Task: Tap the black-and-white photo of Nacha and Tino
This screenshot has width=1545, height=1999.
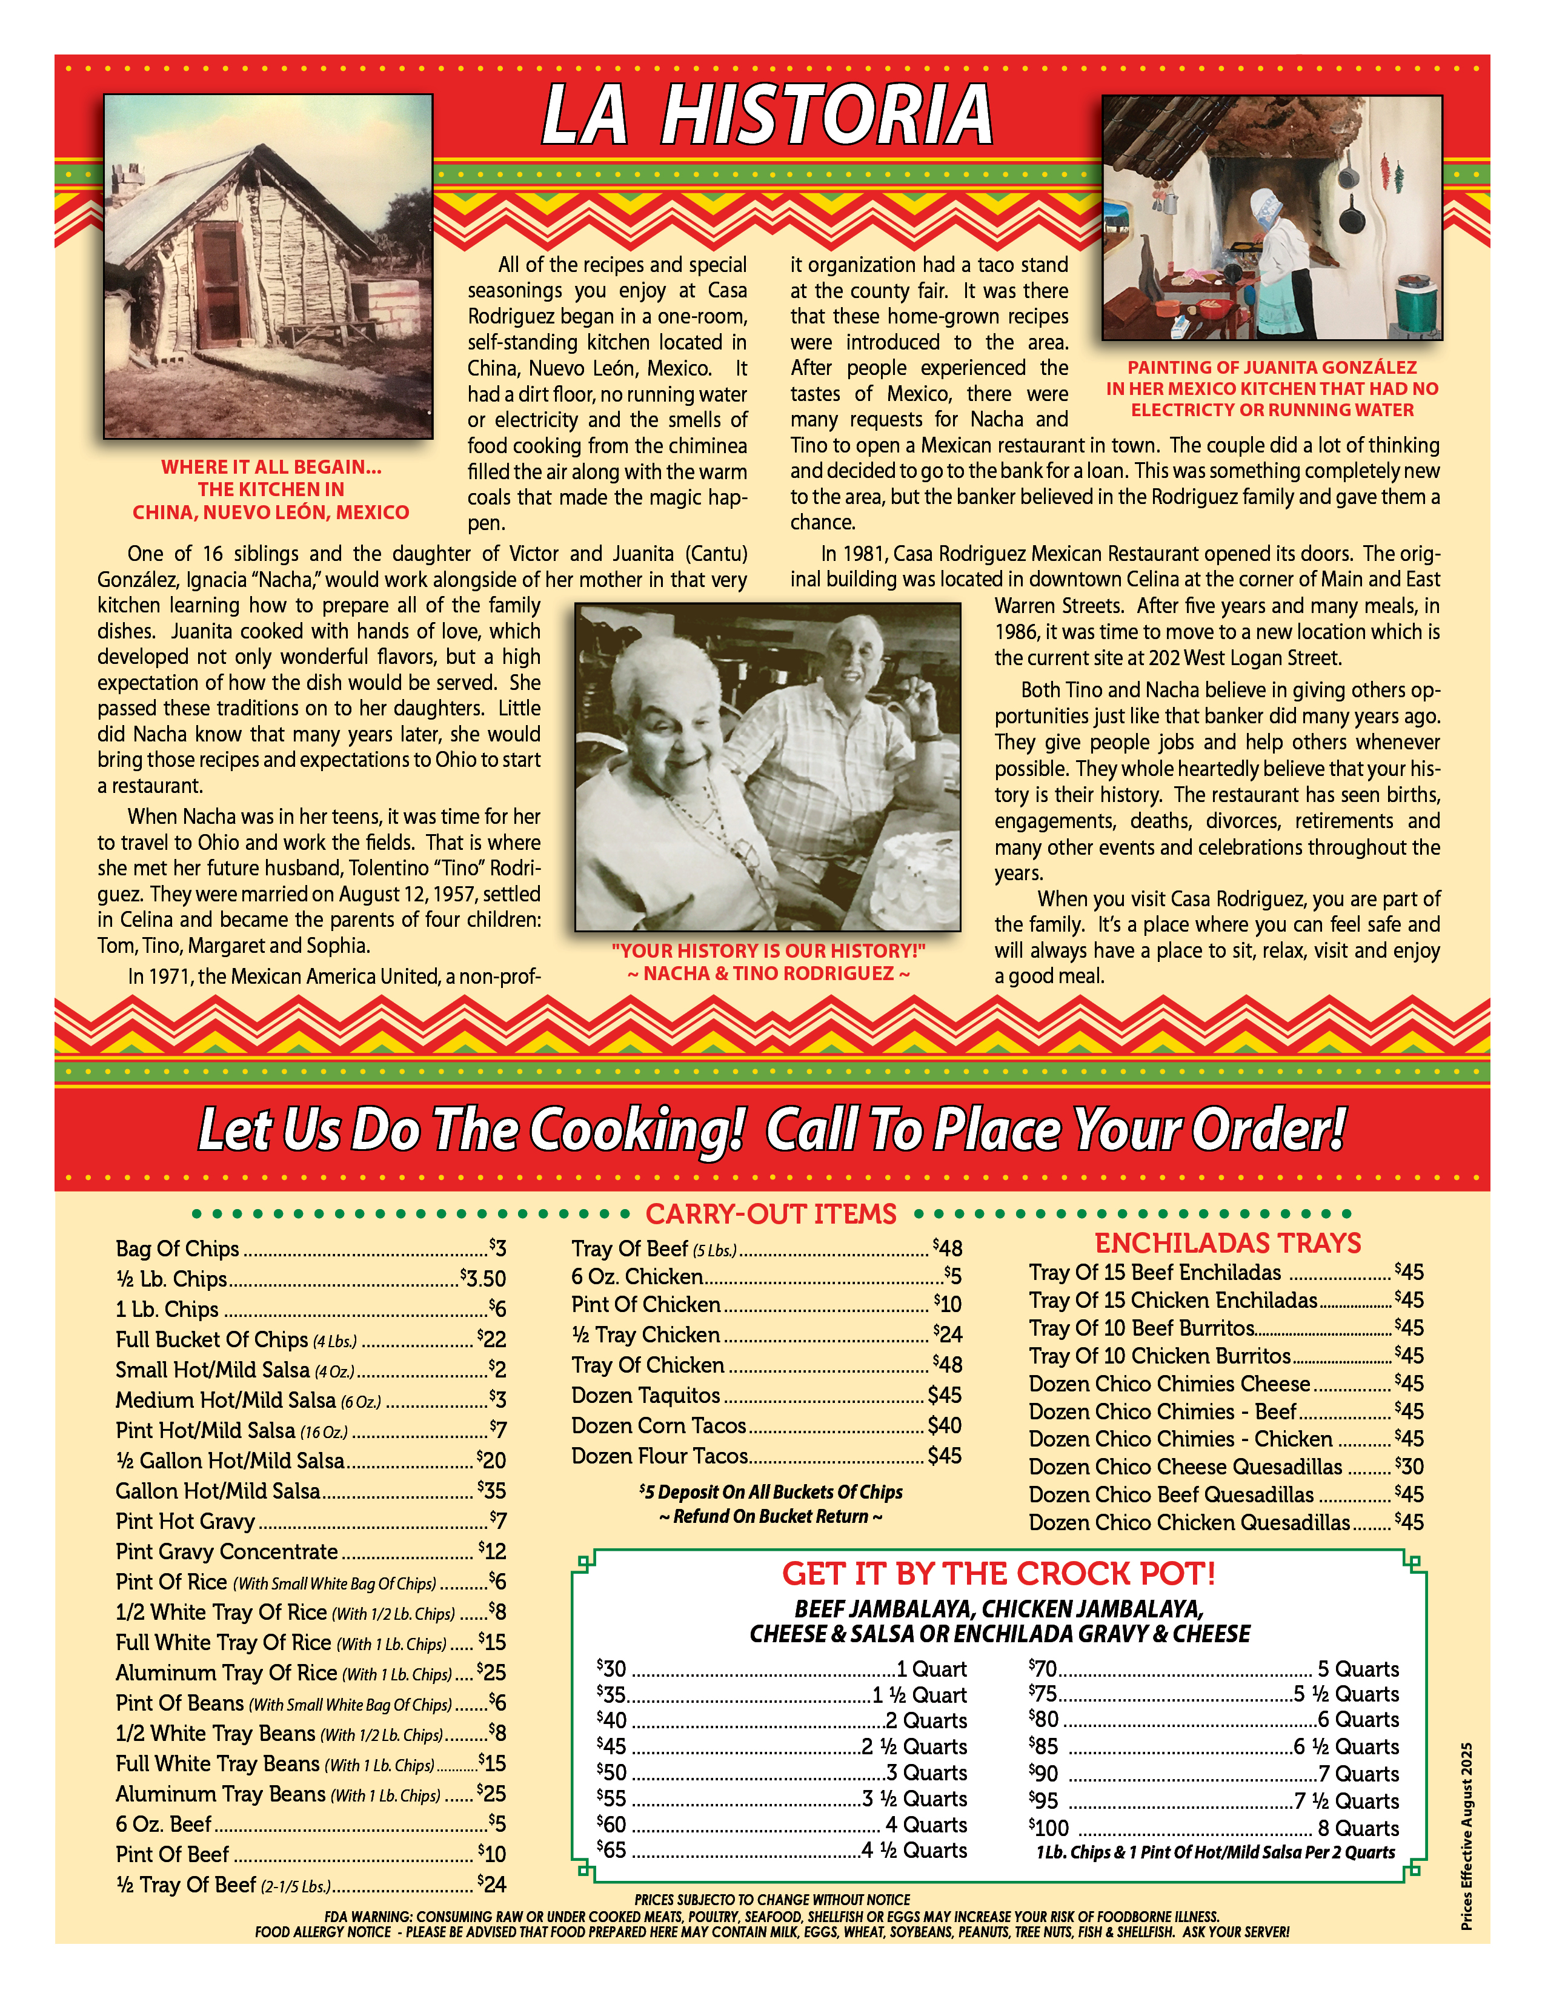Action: [x=767, y=766]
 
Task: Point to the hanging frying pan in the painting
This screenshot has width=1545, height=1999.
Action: [x=1352, y=218]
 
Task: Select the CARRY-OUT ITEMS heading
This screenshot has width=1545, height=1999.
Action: [x=771, y=1214]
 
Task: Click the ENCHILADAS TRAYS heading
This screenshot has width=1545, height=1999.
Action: [x=1228, y=1243]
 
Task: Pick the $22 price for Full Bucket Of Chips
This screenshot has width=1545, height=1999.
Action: [x=493, y=1339]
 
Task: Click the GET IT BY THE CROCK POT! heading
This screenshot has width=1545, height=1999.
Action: [x=998, y=1573]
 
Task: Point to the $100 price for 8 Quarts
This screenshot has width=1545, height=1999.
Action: [x=1049, y=1828]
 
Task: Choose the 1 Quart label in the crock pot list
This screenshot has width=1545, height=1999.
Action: [x=931, y=1669]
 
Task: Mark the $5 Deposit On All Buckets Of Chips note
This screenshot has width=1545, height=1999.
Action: [x=771, y=1492]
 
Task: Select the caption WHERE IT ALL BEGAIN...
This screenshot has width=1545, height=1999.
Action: [x=271, y=467]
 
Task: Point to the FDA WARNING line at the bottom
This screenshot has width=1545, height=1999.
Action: [x=771, y=1915]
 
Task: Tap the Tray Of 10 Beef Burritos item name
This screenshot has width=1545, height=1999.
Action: [x=1140, y=1328]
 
